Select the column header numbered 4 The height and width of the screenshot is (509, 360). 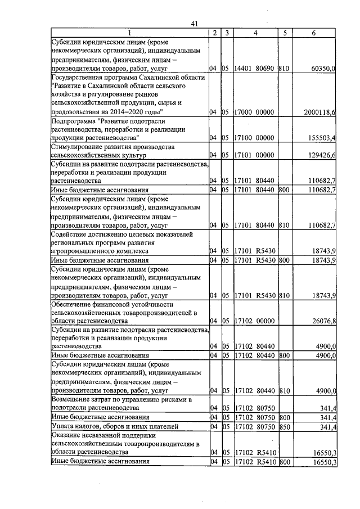pyautogui.click(x=255, y=33)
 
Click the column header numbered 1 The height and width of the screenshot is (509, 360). pyautogui.click(x=129, y=33)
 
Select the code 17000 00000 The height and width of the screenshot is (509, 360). pyautogui.click(x=255, y=112)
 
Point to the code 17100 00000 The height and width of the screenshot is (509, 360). pyautogui.click(x=255, y=137)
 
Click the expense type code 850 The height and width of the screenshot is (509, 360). pyautogui.click(x=283, y=427)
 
